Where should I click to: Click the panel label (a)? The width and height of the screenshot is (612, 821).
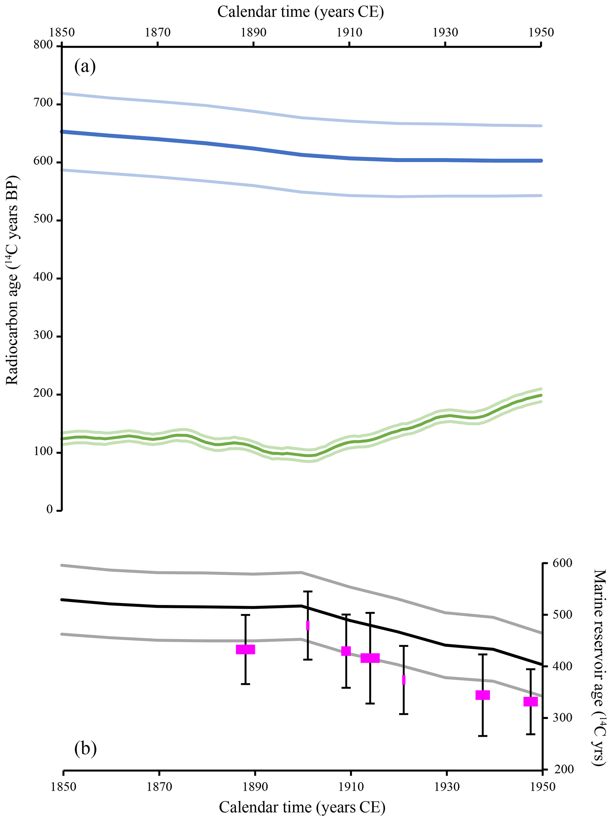85,67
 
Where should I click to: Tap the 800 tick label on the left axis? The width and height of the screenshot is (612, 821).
43,45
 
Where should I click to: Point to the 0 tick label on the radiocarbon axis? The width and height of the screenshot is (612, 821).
49,509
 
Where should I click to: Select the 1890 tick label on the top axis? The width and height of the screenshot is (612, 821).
253,33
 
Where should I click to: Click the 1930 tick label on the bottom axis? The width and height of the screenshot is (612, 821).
447,787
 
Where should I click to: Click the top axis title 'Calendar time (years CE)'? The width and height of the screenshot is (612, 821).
301,12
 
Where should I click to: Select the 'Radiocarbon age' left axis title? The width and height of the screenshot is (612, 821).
12,280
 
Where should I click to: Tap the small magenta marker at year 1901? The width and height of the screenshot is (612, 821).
308,625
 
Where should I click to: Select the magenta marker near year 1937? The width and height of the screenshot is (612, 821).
483,695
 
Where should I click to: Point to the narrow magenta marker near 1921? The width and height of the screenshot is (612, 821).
404,680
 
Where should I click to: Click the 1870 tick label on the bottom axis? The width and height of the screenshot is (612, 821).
159,787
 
